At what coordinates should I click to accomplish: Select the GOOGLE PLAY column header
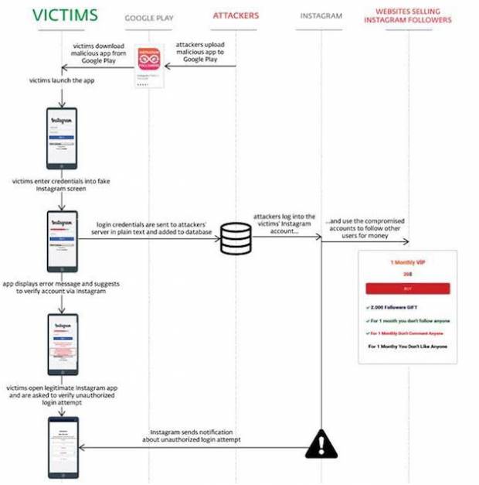click(148, 16)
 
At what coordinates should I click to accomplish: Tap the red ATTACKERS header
click(236, 15)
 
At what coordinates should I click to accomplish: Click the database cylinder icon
click(236, 238)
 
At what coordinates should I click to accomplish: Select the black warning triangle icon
click(321, 444)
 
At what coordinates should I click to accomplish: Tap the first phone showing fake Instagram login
click(62, 138)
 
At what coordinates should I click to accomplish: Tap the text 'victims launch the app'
click(63, 80)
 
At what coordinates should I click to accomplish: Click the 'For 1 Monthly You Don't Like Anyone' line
click(408, 347)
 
